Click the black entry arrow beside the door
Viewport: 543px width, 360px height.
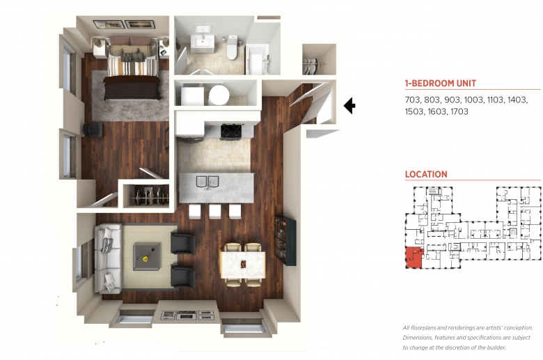tap(349, 105)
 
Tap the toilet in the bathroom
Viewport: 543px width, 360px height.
tap(232, 47)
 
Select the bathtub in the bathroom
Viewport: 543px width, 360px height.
tap(257, 59)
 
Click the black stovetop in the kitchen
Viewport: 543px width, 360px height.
tap(231, 132)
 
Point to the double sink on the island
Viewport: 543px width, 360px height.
tap(207, 182)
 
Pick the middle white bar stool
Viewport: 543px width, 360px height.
tap(214, 212)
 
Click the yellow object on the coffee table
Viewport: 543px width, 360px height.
tap(145, 258)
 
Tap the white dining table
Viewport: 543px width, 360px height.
tap(243, 265)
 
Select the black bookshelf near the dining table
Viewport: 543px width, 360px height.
tap(285, 240)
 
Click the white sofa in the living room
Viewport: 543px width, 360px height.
tap(108, 258)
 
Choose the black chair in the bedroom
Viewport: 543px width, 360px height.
tap(93, 130)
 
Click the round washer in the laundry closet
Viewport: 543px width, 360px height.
tap(219, 95)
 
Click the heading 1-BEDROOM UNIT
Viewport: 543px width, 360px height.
tap(440, 83)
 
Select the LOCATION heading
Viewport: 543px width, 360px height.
tap(426, 174)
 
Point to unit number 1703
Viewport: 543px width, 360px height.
tap(459, 111)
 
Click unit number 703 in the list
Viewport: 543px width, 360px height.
tap(412, 100)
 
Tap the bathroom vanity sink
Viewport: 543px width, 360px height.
tap(203, 42)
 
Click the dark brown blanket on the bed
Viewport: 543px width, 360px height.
tap(132, 88)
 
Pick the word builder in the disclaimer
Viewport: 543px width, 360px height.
tap(497, 347)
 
